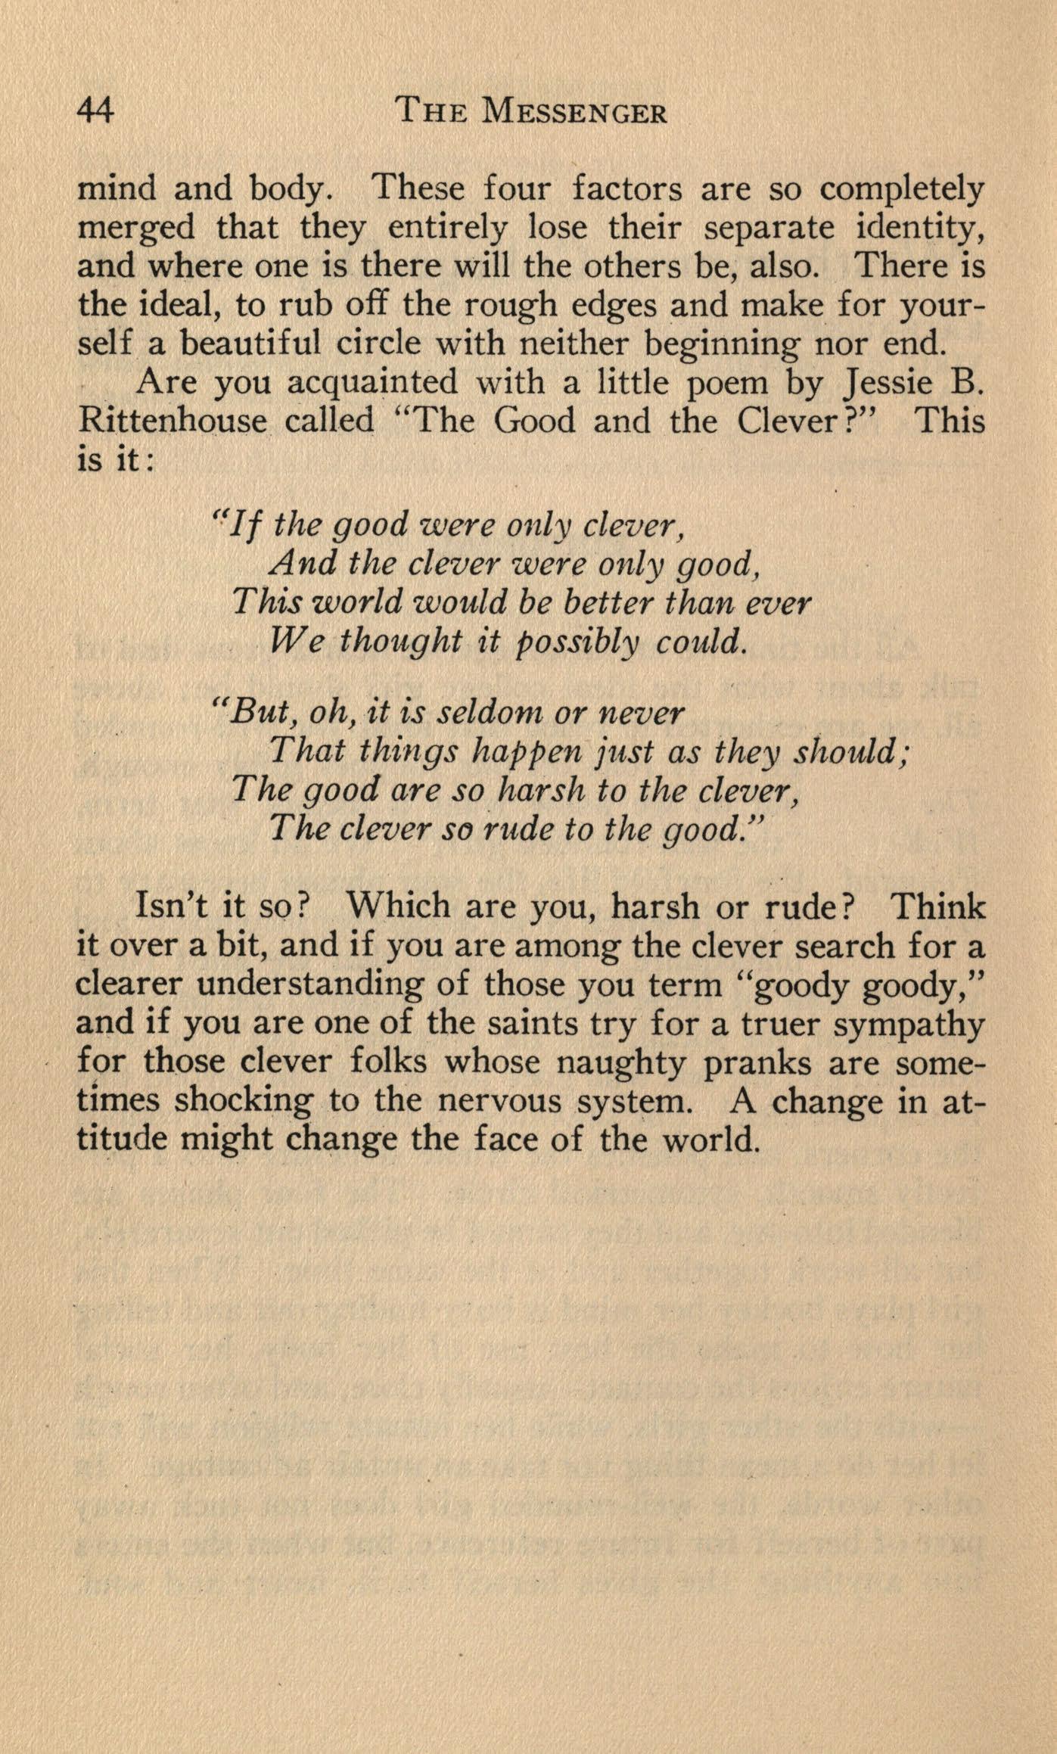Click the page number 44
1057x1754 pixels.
(x=95, y=112)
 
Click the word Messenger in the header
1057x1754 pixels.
(x=574, y=112)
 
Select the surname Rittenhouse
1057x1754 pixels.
(x=173, y=421)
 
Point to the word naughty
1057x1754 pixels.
(x=621, y=1063)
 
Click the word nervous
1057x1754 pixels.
(x=499, y=1101)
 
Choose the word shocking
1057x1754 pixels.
(x=243, y=1101)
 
